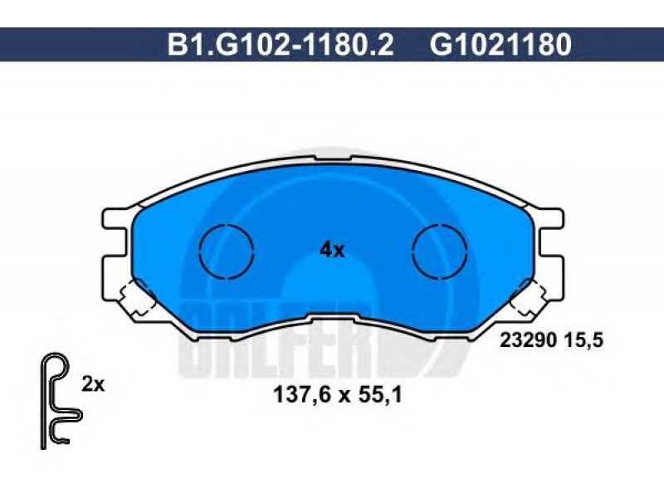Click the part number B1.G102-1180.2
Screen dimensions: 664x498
click(281, 45)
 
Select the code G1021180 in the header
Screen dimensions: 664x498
click(501, 45)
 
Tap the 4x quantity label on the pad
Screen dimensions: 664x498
click(332, 251)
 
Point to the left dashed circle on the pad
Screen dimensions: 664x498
click(226, 252)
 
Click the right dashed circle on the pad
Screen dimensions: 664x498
click(440, 252)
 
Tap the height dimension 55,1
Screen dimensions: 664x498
click(380, 396)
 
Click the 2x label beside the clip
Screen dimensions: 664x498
click(93, 384)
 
